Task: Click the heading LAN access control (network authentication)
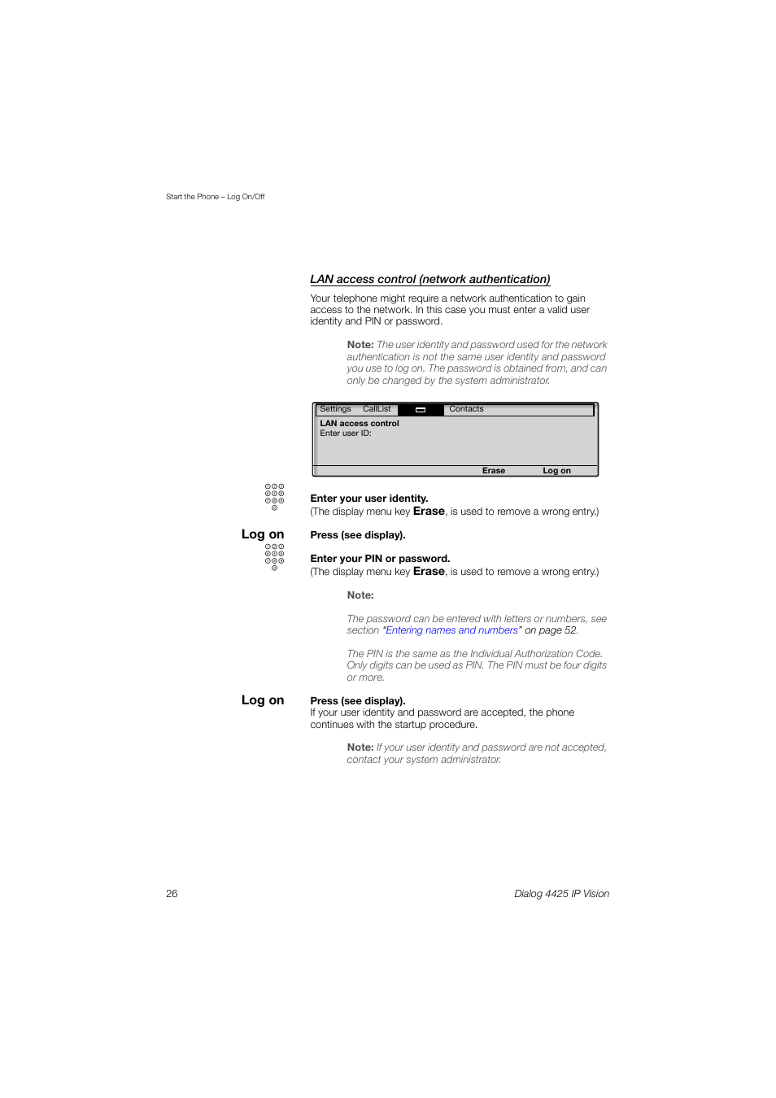pyautogui.click(x=429, y=279)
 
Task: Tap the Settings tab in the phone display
pyautogui.click(x=335, y=409)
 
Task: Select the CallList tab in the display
pyautogui.click(x=377, y=409)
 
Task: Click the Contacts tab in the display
pyautogui.click(x=466, y=409)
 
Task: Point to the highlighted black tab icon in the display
pyautogui.click(x=421, y=410)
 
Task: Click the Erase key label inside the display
pyautogui.click(x=493, y=471)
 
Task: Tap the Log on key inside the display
pyautogui.click(x=556, y=471)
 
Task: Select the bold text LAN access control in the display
pyautogui.click(x=360, y=424)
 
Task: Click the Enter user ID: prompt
pyautogui.click(x=346, y=434)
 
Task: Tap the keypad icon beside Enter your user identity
pyautogui.click(x=274, y=496)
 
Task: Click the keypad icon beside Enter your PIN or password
pyautogui.click(x=274, y=556)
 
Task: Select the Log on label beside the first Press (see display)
pyautogui.click(x=262, y=534)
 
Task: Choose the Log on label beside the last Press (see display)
pyautogui.click(x=262, y=700)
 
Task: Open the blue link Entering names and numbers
pyautogui.click(x=451, y=630)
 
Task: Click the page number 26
pyautogui.click(x=172, y=894)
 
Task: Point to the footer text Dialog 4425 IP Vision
pyautogui.click(x=561, y=894)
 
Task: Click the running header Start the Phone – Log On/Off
pyautogui.click(x=216, y=197)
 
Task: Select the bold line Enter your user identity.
pyautogui.click(x=368, y=499)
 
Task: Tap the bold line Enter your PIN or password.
pyautogui.click(x=380, y=559)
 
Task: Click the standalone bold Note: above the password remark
pyautogui.click(x=360, y=595)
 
